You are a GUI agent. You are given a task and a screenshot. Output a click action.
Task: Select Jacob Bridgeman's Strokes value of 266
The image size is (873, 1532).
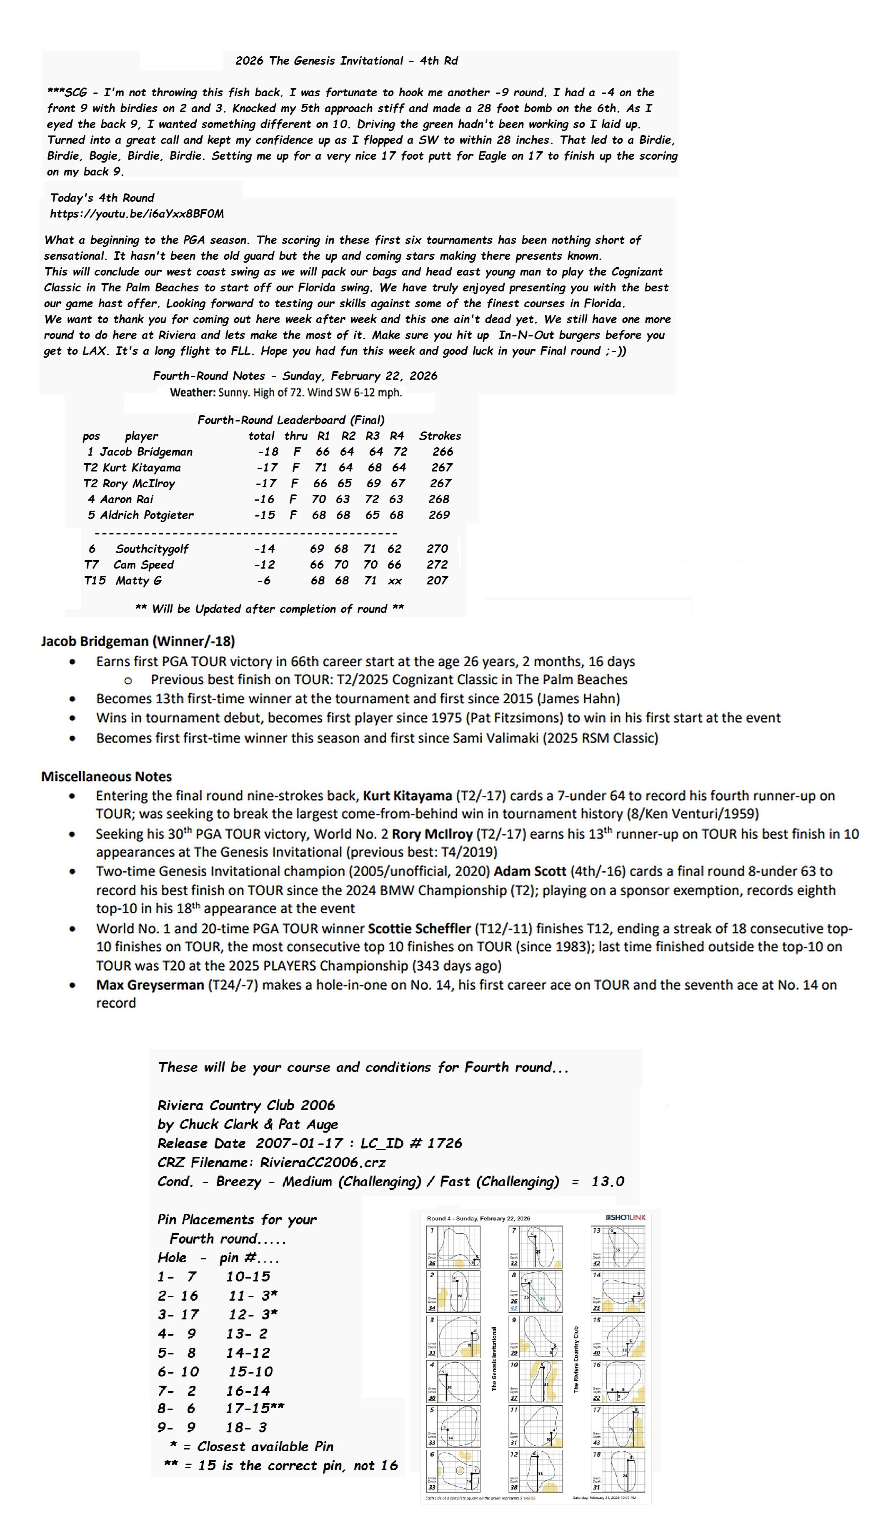point(443,452)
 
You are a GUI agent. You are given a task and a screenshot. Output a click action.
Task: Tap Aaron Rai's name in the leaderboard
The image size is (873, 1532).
point(127,499)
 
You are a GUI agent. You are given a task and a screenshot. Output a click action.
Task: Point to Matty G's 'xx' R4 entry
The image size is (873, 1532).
point(395,581)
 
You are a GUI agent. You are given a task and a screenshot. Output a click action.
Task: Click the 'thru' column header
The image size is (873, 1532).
point(295,436)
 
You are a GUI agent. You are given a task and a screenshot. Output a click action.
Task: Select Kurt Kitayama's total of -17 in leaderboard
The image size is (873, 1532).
point(266,467)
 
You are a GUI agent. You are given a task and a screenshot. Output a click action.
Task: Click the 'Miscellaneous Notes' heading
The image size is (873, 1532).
point(106,777)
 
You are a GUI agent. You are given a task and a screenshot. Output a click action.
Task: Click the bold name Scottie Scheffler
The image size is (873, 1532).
point(418,928)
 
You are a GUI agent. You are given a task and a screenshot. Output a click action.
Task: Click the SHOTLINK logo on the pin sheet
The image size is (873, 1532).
point(626,1218)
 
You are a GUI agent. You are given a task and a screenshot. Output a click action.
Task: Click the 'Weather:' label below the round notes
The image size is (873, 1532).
point(193,393)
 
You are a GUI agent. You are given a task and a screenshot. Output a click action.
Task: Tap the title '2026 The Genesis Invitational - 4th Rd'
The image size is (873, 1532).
point(347,60)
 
